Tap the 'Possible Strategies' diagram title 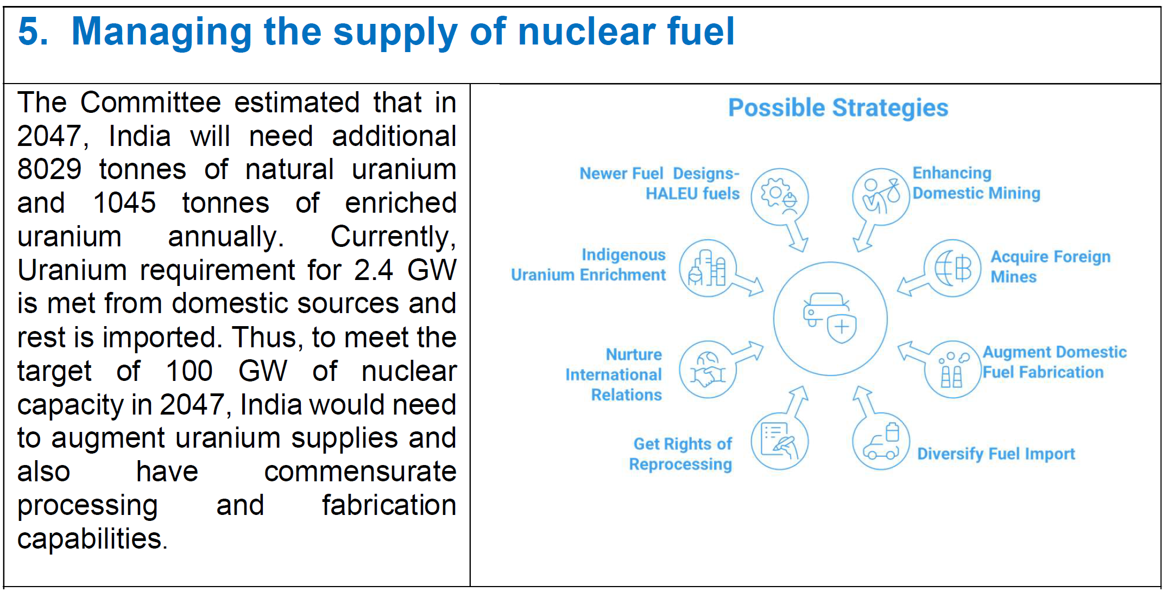tap(838, 108)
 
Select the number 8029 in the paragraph tap(49, 169)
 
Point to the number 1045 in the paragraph tap(125, 203)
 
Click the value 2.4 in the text tap(374, 270)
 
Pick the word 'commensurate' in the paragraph tap(360, 472)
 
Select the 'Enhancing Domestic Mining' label tap(976, 183)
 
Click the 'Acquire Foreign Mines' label tap(1050, 266)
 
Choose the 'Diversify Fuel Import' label tap(996, 454)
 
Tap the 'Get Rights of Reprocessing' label tap(680, 454)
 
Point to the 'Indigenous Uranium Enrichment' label tap(588, 265)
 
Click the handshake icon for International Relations tap(708, 370)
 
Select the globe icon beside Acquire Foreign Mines tap(953, 268)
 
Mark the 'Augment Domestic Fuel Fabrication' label tap(1055, 362)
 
